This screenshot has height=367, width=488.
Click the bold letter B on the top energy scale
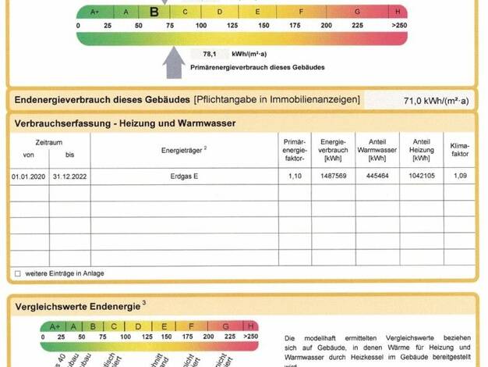154,12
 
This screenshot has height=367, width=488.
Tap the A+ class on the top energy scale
95,12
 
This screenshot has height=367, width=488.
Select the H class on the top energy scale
398,12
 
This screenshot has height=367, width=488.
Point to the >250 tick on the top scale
400,25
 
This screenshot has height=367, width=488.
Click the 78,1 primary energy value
209,55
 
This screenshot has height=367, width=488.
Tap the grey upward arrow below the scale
173,62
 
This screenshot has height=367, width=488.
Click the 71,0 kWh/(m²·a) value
436,102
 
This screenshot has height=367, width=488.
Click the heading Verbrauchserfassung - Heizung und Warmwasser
125,123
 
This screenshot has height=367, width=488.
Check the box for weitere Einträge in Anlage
17,274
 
